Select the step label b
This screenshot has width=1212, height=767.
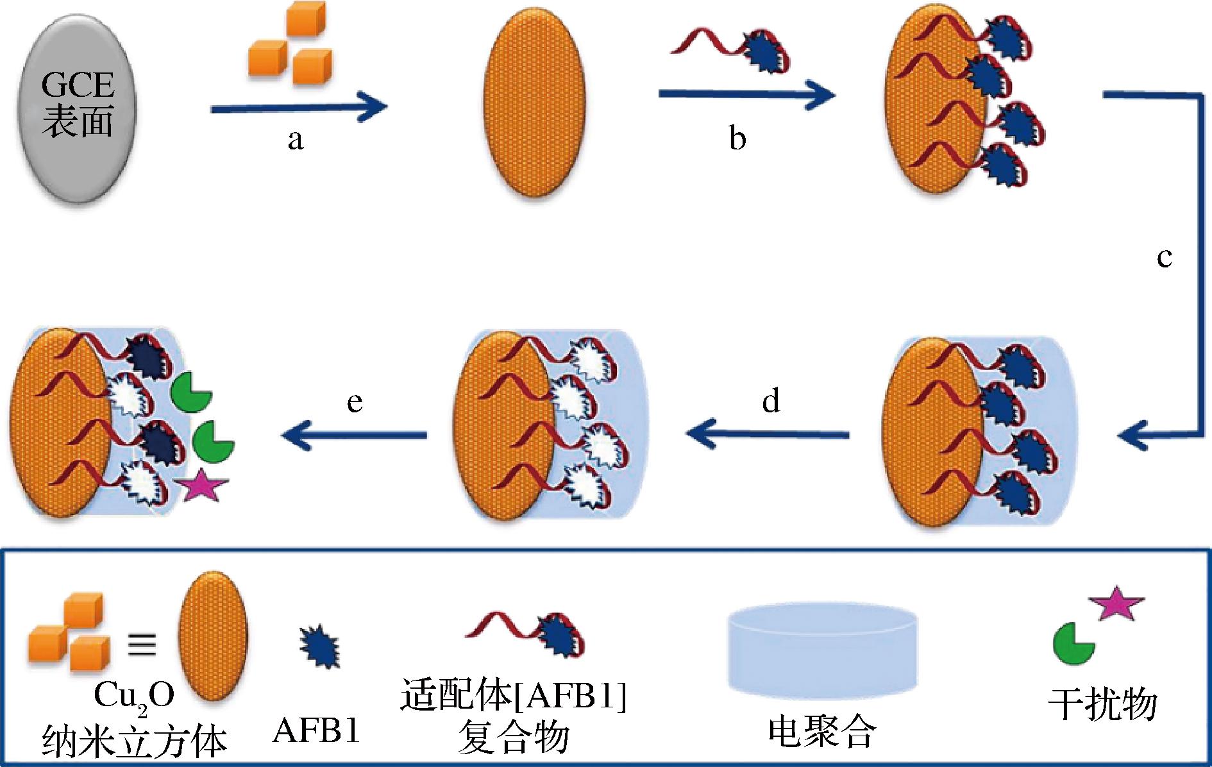point(737,139)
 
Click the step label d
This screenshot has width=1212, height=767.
point(771,401)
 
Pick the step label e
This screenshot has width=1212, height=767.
point(355,402)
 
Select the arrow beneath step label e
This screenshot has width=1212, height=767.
point(354,435)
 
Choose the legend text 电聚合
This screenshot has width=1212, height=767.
point(821,730)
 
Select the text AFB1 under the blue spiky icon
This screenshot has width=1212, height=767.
point(316,729)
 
